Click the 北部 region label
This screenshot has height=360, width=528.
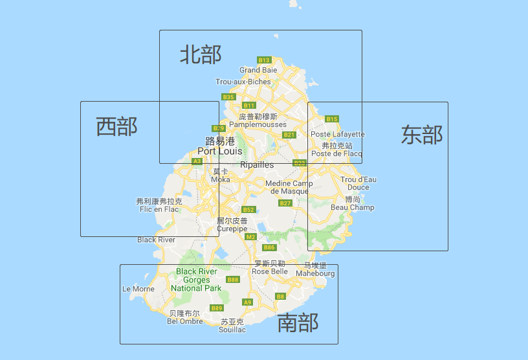[201, 54]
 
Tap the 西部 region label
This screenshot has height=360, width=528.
[116, 126]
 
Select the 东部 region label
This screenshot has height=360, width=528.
[422, 134]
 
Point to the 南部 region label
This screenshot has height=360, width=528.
[298, 322]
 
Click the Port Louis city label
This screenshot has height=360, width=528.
[220, 151]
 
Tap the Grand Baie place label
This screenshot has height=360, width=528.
[258, 70]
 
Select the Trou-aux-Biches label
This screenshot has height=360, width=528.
[243, 82]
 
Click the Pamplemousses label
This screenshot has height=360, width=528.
[258, 124]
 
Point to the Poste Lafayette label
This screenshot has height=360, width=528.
[338, 134]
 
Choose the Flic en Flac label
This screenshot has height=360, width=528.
[159, 209]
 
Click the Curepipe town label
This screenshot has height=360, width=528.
[232, 229]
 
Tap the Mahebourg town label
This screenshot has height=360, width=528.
[316, 273]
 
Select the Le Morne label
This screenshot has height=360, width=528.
[138, 289]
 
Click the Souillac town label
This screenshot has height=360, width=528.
[233, 330]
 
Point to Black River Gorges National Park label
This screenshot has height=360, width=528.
[196, 280]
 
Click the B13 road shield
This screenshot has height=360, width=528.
[263, 60]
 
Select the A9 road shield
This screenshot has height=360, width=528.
[247, 302]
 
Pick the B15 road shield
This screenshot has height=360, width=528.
[332, 119]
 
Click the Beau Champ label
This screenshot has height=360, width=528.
[353, 207]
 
